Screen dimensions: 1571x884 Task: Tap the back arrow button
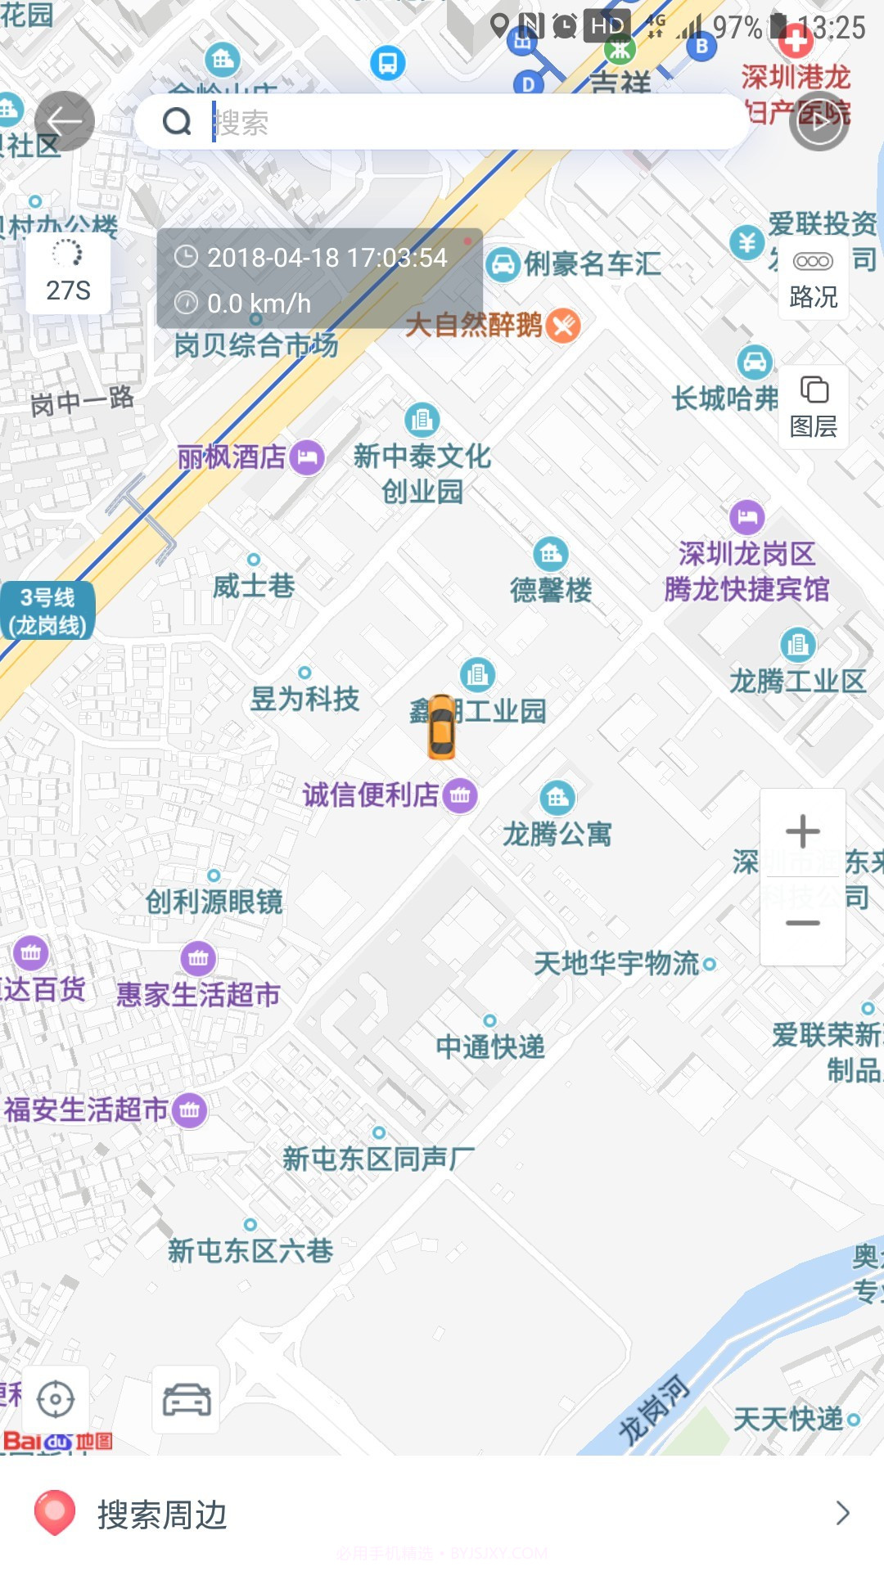point(64,122)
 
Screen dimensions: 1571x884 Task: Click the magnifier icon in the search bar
point(177,122)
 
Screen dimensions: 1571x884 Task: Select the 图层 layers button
point(813,407)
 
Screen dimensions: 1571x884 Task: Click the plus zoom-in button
point(802,831)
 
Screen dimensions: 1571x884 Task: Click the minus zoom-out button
point(802,923)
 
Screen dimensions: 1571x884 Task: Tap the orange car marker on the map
point(441,726)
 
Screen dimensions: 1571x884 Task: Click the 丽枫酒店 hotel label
point(232,457)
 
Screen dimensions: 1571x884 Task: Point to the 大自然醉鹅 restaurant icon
point(563,325)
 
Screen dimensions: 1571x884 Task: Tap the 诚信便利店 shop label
point(371,795)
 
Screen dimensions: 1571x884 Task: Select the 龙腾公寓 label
point(557,834)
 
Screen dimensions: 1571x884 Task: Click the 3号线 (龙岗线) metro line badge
point(47,611)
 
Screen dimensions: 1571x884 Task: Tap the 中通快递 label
point(489,1047)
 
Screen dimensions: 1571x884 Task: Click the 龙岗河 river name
point(653,1409)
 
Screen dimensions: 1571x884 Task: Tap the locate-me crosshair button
point(56,1399)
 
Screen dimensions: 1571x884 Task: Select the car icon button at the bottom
point(186,1399)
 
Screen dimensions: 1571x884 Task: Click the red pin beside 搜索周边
point(55,1512)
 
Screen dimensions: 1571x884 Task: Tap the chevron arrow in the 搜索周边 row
point(842,1514)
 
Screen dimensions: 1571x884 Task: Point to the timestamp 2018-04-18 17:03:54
point(327,258)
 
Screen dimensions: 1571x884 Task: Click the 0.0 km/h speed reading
point(259,304)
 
